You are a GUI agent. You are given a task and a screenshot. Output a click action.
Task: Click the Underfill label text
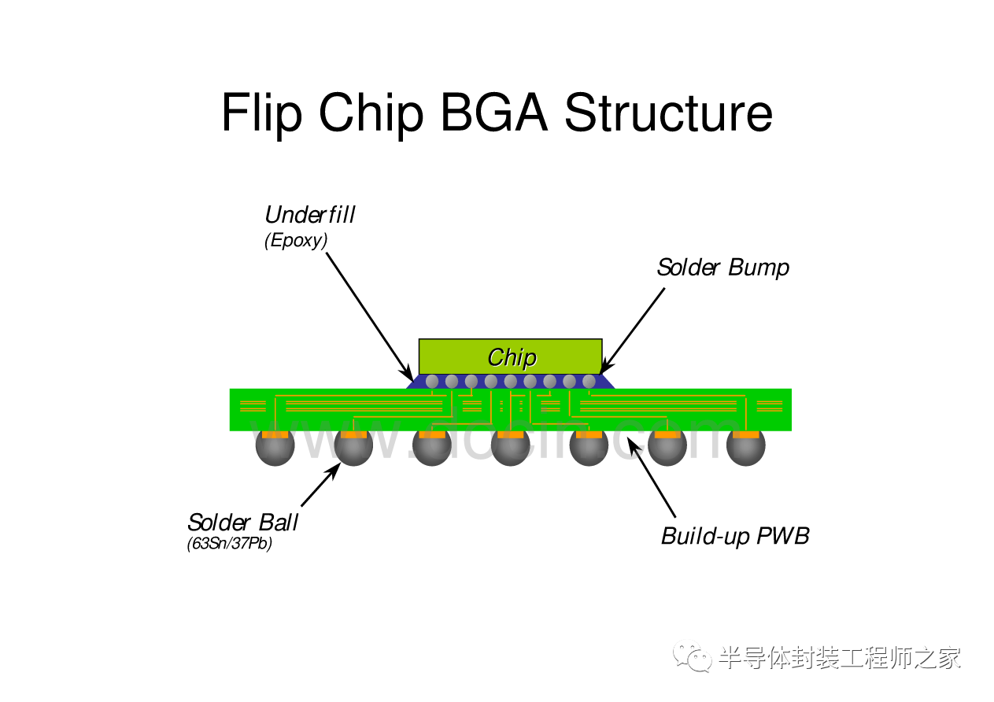coord(310,215)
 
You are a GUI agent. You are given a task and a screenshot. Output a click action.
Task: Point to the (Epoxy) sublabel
coord(296,241)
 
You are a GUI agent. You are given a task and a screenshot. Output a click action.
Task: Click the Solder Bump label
coord(722,268)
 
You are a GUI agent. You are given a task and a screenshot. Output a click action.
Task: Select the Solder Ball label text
coord(243,523)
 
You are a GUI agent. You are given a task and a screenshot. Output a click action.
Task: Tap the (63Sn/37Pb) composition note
coord(230,544)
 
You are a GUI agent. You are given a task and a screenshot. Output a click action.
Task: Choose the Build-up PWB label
coord(735,537)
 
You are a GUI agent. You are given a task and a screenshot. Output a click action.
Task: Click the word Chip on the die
coord(512,357)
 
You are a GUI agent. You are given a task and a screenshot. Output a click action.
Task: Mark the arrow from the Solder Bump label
coord(633,330)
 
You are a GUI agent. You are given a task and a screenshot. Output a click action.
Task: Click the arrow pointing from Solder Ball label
coord(320,485)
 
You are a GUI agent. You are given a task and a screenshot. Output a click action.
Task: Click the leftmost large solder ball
coord(275,447)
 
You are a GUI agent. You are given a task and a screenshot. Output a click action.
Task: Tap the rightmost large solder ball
coord(745,447)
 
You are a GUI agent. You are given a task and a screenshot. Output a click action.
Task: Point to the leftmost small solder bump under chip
coord(432,382)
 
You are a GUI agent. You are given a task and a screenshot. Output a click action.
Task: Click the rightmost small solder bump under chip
coord(589,382)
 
